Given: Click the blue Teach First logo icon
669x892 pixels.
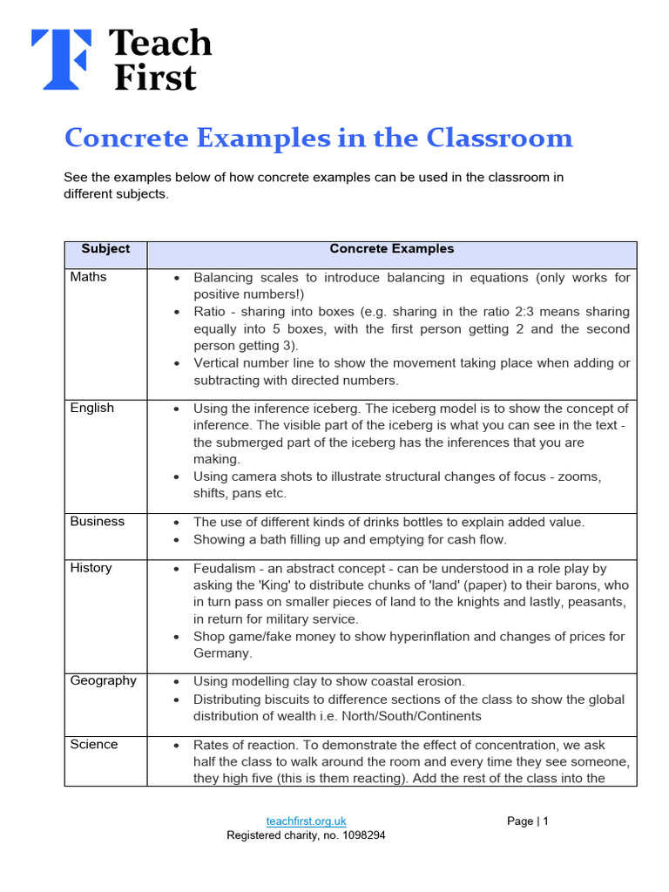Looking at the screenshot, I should coord(61,59).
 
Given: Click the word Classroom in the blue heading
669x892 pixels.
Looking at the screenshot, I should coord(500,139).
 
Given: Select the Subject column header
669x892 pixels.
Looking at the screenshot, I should coord(105,249).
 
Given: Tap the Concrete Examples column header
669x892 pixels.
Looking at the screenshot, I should coord(391,249).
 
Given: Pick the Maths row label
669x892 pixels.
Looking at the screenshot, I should coord(89,277).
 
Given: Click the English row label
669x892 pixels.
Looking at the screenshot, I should coord(92,408).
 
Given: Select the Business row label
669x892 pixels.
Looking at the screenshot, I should coord(98,521).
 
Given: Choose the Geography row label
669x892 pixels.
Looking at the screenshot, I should coord(104,680).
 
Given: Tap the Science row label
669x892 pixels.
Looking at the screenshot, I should coord(94,744).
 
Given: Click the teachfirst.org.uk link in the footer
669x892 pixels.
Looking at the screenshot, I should coord(306,821).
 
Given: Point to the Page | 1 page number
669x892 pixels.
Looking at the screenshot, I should coord(528,821).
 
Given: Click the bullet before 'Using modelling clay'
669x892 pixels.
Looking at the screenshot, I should coord(177,682).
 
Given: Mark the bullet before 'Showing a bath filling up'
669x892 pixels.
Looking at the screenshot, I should coord(177,540).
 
